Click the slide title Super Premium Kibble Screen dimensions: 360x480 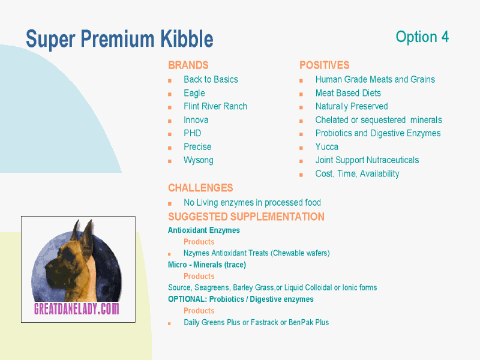119,39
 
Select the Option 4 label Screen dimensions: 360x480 422,37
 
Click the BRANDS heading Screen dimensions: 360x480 188,65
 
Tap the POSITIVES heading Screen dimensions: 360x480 324,65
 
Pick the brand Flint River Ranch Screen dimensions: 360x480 215,106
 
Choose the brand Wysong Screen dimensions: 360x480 199,160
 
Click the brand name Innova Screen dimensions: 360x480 196,120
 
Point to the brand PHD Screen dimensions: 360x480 193,133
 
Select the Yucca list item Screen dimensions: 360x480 327,147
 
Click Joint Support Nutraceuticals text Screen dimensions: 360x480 367,160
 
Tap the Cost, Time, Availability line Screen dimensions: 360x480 358,174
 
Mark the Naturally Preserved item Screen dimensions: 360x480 352,106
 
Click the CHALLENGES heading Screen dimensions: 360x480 200,188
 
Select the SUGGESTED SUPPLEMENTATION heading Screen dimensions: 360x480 246,217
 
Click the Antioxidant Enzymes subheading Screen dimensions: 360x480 204,230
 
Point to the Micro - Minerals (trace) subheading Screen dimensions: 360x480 207,265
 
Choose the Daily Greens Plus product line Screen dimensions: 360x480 256,322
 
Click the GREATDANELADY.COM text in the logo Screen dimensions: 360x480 76,309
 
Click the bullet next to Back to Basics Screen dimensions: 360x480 170,80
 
